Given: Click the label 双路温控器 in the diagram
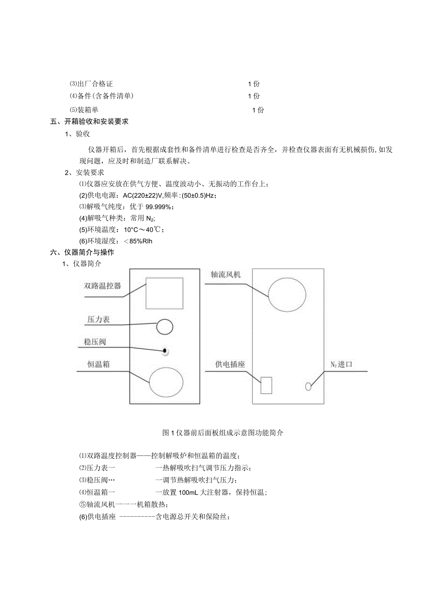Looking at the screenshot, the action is (102, 286).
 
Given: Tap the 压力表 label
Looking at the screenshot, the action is (98, 320).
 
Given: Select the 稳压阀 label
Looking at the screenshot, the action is (95, 342).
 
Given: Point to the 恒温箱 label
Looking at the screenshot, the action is (98, 364).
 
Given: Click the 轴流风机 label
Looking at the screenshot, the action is (226, 274).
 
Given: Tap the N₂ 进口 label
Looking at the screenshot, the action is (341, 364).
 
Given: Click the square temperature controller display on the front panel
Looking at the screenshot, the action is (164, 293).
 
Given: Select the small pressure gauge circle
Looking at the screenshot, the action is (164, 327).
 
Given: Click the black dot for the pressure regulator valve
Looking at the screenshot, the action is (164, 351).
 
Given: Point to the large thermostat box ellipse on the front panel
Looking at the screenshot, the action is (166, 382).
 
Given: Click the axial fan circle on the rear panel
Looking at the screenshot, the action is (287, 295).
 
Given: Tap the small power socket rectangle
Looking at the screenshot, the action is (266, 386).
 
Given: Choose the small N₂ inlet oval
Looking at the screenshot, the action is (308, 386).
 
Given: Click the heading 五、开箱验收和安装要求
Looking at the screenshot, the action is (90, 122).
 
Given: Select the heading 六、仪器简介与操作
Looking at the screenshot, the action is (83, 253).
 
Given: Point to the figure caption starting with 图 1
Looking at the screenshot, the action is (223, 433).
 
